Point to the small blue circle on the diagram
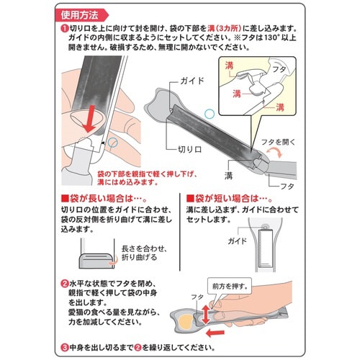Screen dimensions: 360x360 point(210,113)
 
